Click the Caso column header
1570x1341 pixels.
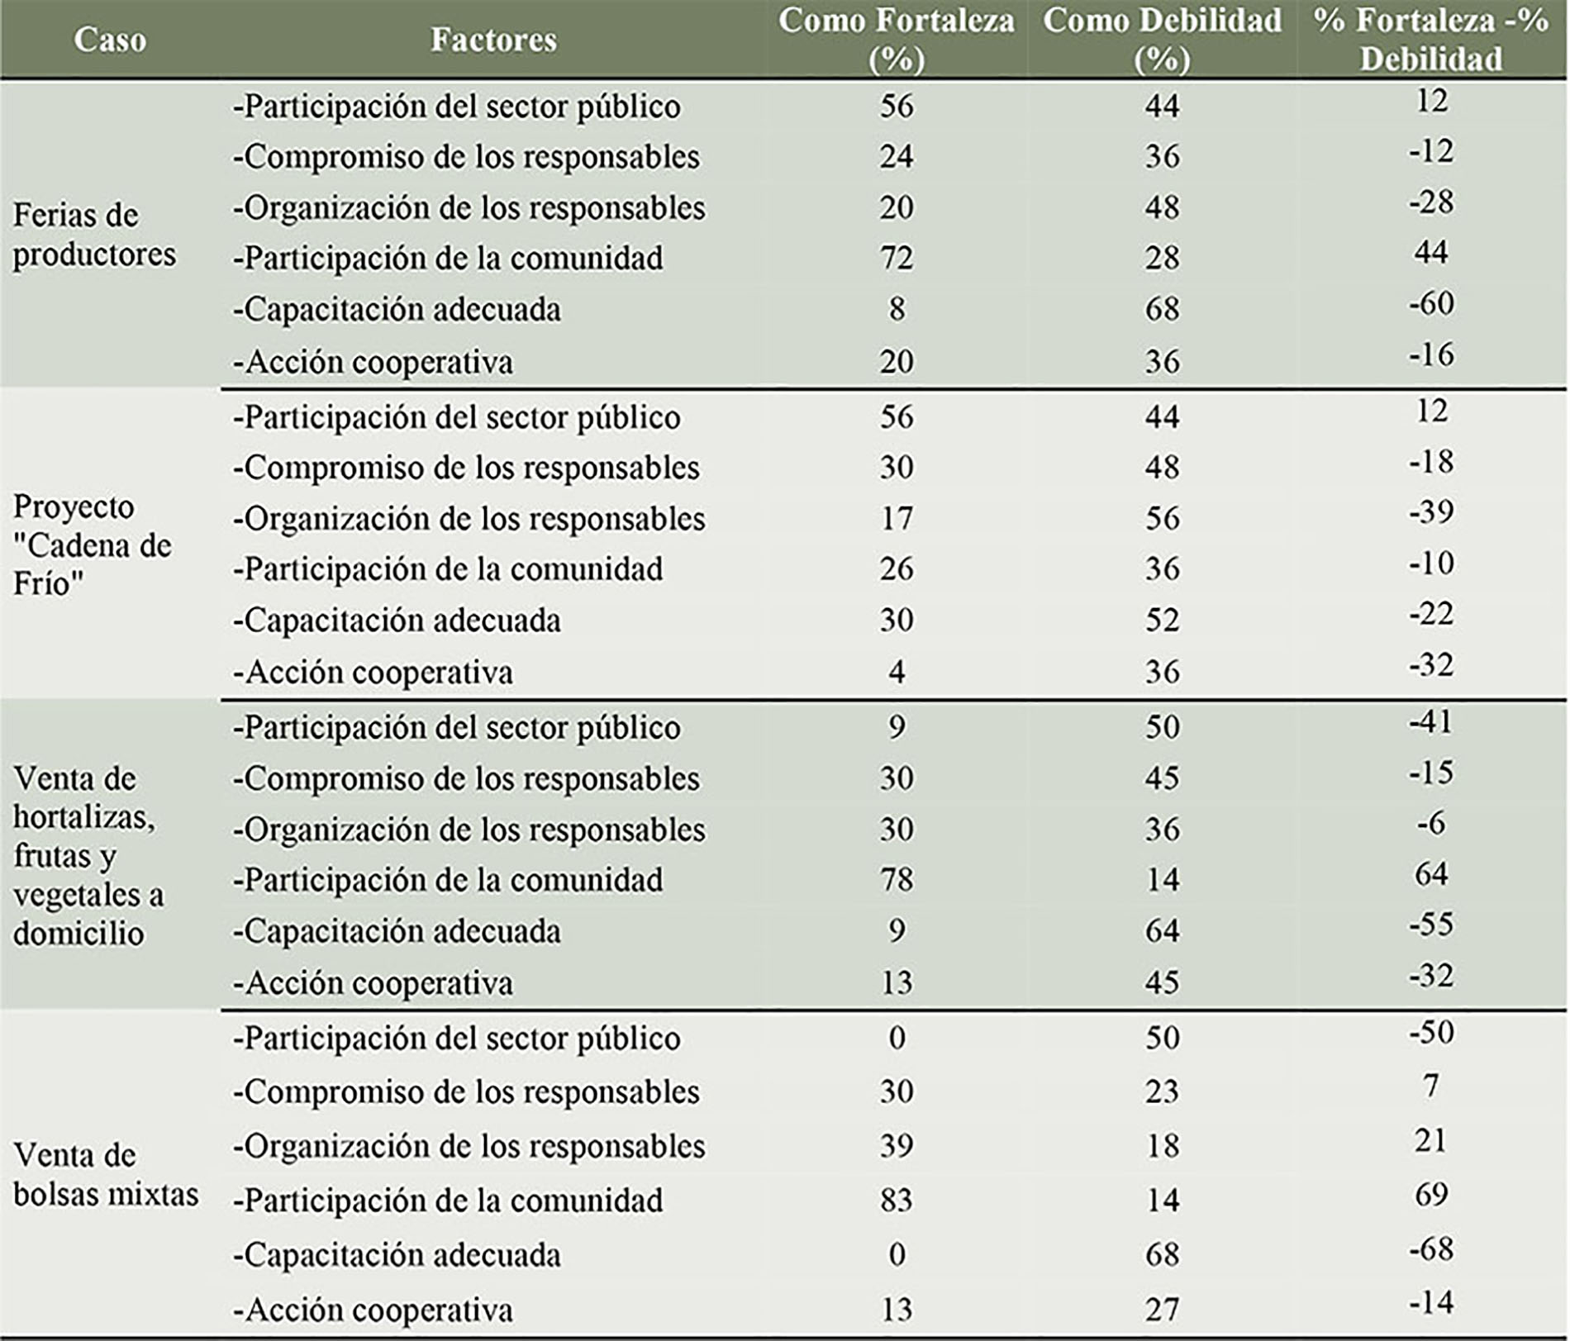pos(110,40)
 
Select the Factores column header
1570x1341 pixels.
pos(493,40)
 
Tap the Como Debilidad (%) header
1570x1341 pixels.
pos(1162,39)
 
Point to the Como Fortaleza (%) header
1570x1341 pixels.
pos(897,39)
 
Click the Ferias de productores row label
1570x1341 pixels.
pos(94,235)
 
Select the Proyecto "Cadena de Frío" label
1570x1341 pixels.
pos(93,545)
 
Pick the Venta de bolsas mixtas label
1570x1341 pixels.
pos(106,1175)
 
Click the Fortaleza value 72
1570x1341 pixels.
pos(897,258)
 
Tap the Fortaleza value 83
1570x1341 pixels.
pos(897,1200)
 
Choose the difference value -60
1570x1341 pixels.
pos(1431,303)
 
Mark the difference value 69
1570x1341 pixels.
pos(1431,1195)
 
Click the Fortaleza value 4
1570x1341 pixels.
pos(897,672)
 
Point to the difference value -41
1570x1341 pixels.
pos(1431,722)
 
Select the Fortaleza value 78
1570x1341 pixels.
pos(897,879)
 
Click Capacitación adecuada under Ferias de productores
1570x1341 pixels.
pos(397,310)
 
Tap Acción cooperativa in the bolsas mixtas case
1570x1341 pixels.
pos(373,1310)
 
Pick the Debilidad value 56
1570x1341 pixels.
pos(1162,519)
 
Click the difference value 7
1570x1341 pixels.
pos(1431,1086)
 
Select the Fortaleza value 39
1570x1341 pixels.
pos(897,1146)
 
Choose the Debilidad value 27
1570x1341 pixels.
pos(1162,1310)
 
